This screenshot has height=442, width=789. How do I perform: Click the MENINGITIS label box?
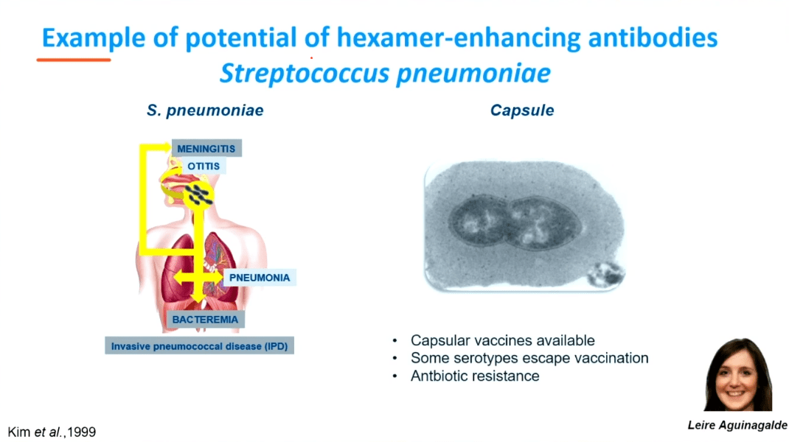pyautogui.click(x=206, y=148)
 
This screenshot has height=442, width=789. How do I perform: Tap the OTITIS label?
pyautogui.click(x=204, y=166)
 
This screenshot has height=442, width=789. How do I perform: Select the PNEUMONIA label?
pyautogui.click(x=260, y=278)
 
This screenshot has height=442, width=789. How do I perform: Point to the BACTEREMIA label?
pyautogui.click(x=205, y=319)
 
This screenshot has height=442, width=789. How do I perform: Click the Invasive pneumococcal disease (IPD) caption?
pyautogui.click(x=199, y=346)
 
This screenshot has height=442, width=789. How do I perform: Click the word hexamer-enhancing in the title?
pyautogui.click(x=459, y=38)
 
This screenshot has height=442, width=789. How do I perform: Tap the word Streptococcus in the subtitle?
pyautogui.click(x=305, y=74)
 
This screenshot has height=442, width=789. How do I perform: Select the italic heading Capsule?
pyautogui.click(x=522, y=110)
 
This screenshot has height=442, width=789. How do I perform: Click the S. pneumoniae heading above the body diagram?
pyautogui.click(x=205, y=110)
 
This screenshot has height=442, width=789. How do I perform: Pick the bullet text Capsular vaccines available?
pyautogui.click(x=503, y=340)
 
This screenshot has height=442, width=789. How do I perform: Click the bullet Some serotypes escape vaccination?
pyautogui.click(x=529, y=358)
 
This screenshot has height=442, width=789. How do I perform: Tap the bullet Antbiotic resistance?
pyautogui.click(x=475, y=376)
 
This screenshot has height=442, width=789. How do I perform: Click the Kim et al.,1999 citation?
pyautogui.click(x=52, y=432)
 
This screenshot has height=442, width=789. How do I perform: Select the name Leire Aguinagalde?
pyautogui.click(x=737, y=425)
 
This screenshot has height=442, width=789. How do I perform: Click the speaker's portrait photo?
pyautogui.click(x=737, y=375)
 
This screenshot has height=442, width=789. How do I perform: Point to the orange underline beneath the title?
pyautogui.click(x=74, y=60)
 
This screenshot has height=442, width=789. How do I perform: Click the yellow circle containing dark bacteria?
pyautogui.click(x=198, y=195)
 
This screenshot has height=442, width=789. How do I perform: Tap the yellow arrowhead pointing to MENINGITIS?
pyautogui.click(x=166, y=147)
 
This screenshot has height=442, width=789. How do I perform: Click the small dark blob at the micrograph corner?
pyautogui.click(x=606, y=275)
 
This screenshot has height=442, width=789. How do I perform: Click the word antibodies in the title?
pyautogui.click(x=653, y=38)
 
